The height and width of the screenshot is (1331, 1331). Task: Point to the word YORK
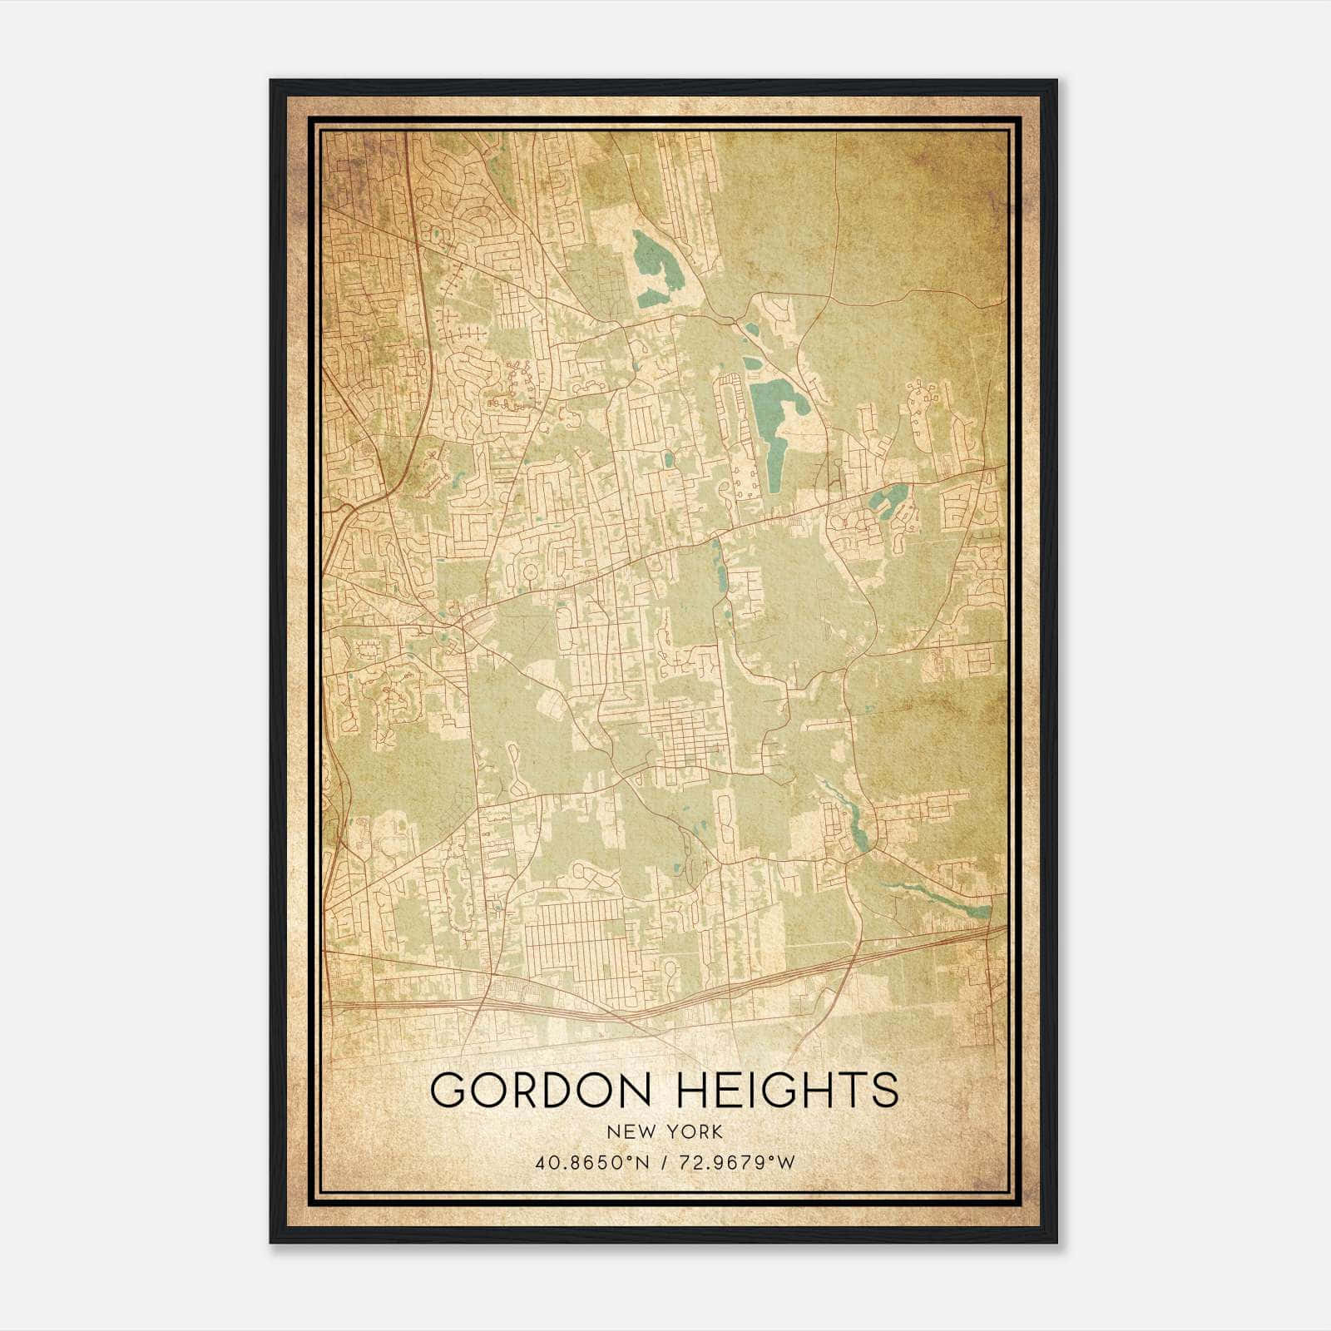point(693,1131)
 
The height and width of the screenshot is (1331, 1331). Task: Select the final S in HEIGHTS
point(883,1090)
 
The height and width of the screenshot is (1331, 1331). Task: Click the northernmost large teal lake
point(651,262)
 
